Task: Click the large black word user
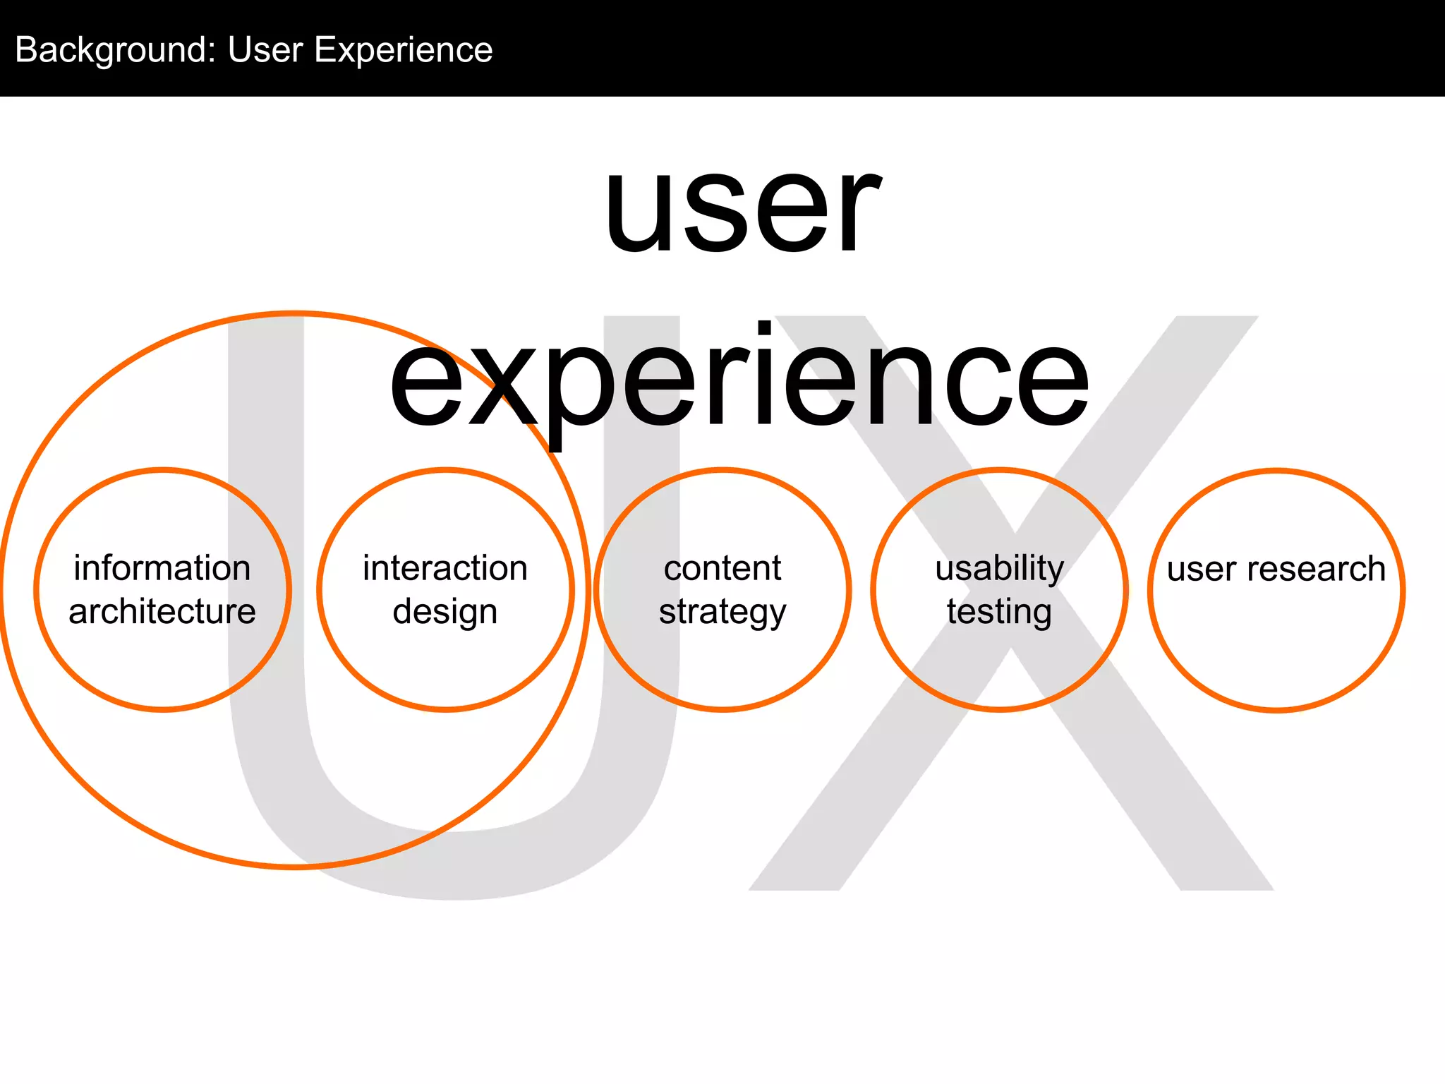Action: (742, 208)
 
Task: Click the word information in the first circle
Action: (162, 568)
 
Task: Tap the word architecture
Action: (162, 611)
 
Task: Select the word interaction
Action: (445, 568)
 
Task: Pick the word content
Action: (722, 568)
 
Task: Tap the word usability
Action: (1000, 568)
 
